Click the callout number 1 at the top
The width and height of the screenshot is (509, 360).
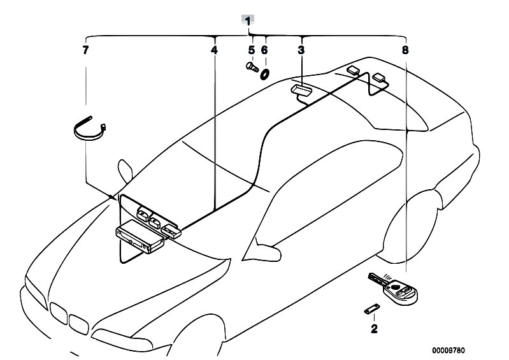click(248, 20)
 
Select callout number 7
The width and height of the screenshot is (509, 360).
click(85, 49)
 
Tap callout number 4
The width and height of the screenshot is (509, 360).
click(214, 49)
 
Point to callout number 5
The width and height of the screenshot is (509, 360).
click(251, 49)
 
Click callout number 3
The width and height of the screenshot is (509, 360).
click(301, 49)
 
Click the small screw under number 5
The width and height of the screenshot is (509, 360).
click(250, 66)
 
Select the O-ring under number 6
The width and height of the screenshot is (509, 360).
click(264, 73)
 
